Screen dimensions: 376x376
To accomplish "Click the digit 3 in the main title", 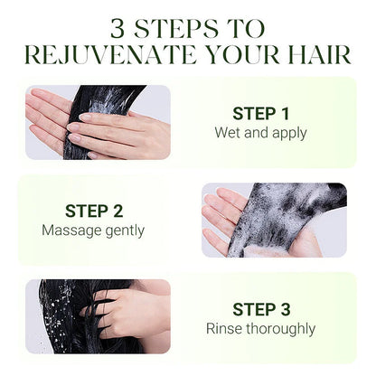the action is tap(117, 29).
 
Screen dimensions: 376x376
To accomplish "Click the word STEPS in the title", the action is tap(175, 29).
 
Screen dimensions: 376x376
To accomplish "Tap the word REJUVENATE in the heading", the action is tap(110, 55).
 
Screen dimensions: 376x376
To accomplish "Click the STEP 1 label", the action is tap(260, 114).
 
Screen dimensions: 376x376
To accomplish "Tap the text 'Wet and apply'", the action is tap(260, 133).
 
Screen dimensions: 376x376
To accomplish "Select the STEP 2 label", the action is tap(94, 211).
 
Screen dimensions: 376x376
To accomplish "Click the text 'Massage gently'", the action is tap(93, 230).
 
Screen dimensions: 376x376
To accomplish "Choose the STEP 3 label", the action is tap(261, 309).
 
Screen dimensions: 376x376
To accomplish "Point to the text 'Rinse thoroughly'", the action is tap(260, 329).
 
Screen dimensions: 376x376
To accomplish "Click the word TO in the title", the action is tap(246, 29).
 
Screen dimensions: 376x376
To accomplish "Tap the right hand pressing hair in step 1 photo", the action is tap(120, 133).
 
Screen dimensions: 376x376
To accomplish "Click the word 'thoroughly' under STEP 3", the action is tap(281, 329).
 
